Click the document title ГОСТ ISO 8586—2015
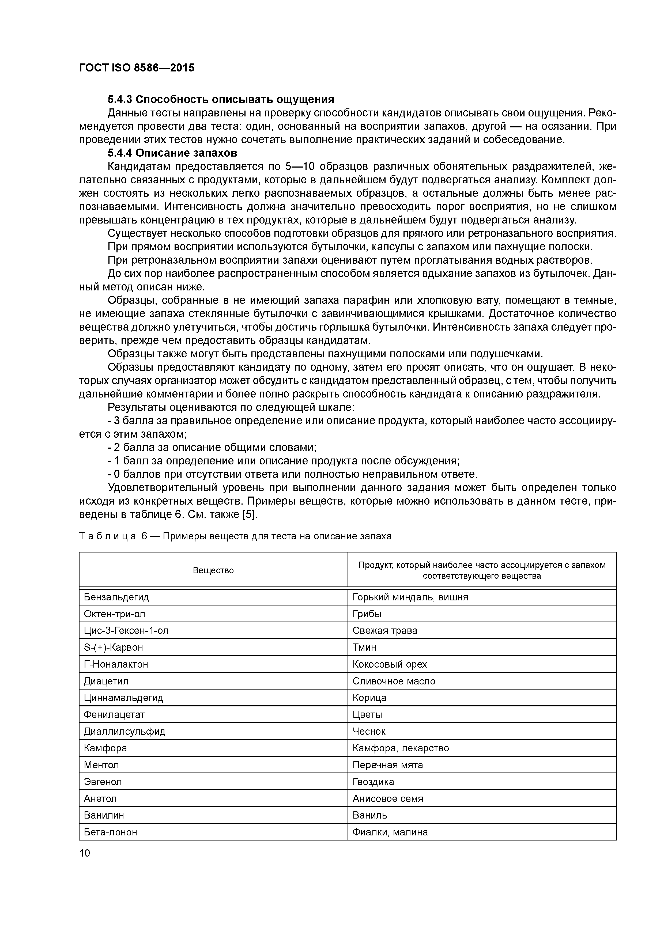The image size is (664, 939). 137,68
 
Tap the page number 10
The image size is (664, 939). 84,853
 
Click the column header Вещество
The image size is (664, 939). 213,570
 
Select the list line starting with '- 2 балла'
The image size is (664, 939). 212,447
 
